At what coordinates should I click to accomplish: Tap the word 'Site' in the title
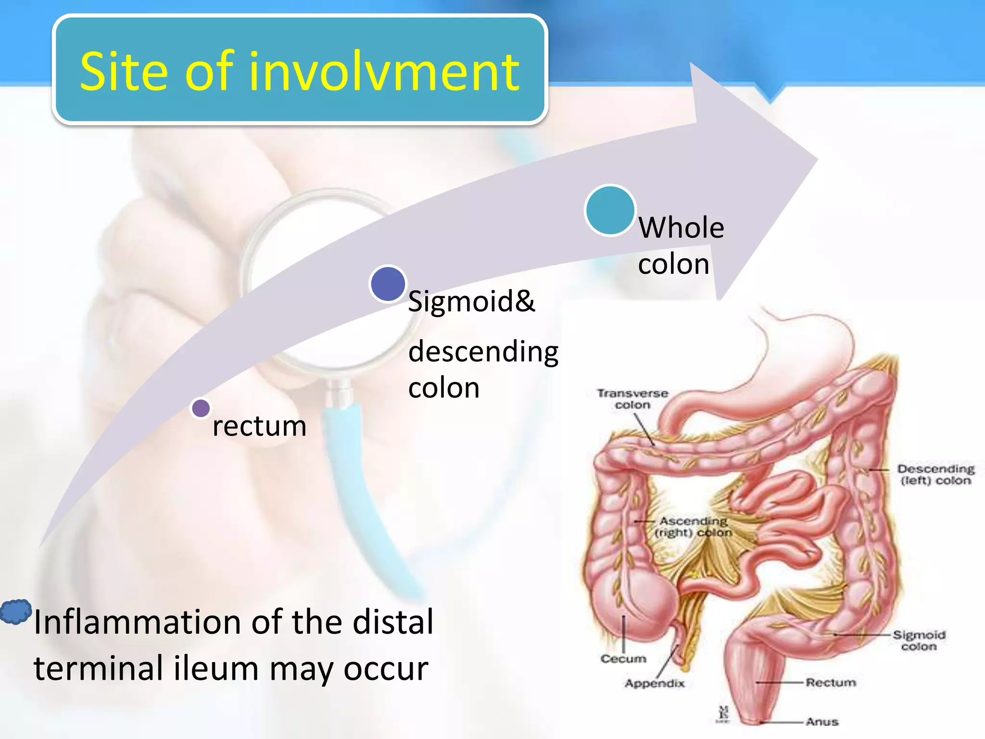click(x=124, y=72)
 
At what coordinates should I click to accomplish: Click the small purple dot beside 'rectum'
click(x=201, y=408)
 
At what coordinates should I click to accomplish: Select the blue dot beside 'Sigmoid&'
click(x=388, y=284)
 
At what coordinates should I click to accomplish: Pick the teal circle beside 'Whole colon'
click(x=610, y=210)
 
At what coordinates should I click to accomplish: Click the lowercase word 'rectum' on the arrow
click(x=259, y=426)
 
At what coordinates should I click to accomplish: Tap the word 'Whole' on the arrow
click(x=681, y=228)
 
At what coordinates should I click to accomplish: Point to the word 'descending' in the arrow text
click(x=483, y=351)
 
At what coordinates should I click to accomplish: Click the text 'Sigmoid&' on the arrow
click(x=471, y=302)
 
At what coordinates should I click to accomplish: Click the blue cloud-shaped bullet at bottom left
click(x=16, y=612)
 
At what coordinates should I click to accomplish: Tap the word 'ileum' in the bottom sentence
click(x=216, y=668)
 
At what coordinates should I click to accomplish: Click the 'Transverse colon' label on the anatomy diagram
click(x=632, y=399)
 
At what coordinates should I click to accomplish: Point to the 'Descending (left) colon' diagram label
click(x=935, y=475)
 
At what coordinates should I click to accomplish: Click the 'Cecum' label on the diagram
click(x=623, y=659)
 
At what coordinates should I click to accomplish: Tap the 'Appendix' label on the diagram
click(x=654, y=683)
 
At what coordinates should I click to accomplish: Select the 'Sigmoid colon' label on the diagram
click(x=919, y=641)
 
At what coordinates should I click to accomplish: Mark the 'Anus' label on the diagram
click(x=822, y=722)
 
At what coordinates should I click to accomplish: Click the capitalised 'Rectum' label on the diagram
click(x=831, y=683)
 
